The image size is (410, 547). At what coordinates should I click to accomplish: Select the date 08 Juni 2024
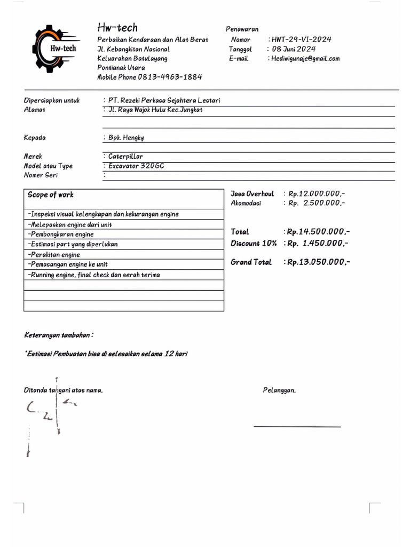point(293,49)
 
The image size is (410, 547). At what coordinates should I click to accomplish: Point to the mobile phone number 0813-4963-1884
point(170,77)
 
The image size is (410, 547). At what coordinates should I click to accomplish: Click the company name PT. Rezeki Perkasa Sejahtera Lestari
point(164,100)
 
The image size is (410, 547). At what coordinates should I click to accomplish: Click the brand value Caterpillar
point(125,157)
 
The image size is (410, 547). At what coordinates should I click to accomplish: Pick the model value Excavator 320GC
point(136,166)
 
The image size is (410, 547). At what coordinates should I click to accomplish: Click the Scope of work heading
point(51,195)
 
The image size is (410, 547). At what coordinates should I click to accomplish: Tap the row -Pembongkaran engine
point(60,235)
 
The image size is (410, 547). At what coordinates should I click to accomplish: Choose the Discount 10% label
point(254,244)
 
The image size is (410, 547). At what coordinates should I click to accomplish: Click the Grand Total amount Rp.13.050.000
point(319,262)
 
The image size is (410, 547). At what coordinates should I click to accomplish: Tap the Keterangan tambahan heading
point(59,335)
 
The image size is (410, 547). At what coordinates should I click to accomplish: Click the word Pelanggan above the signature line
point(279,390)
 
